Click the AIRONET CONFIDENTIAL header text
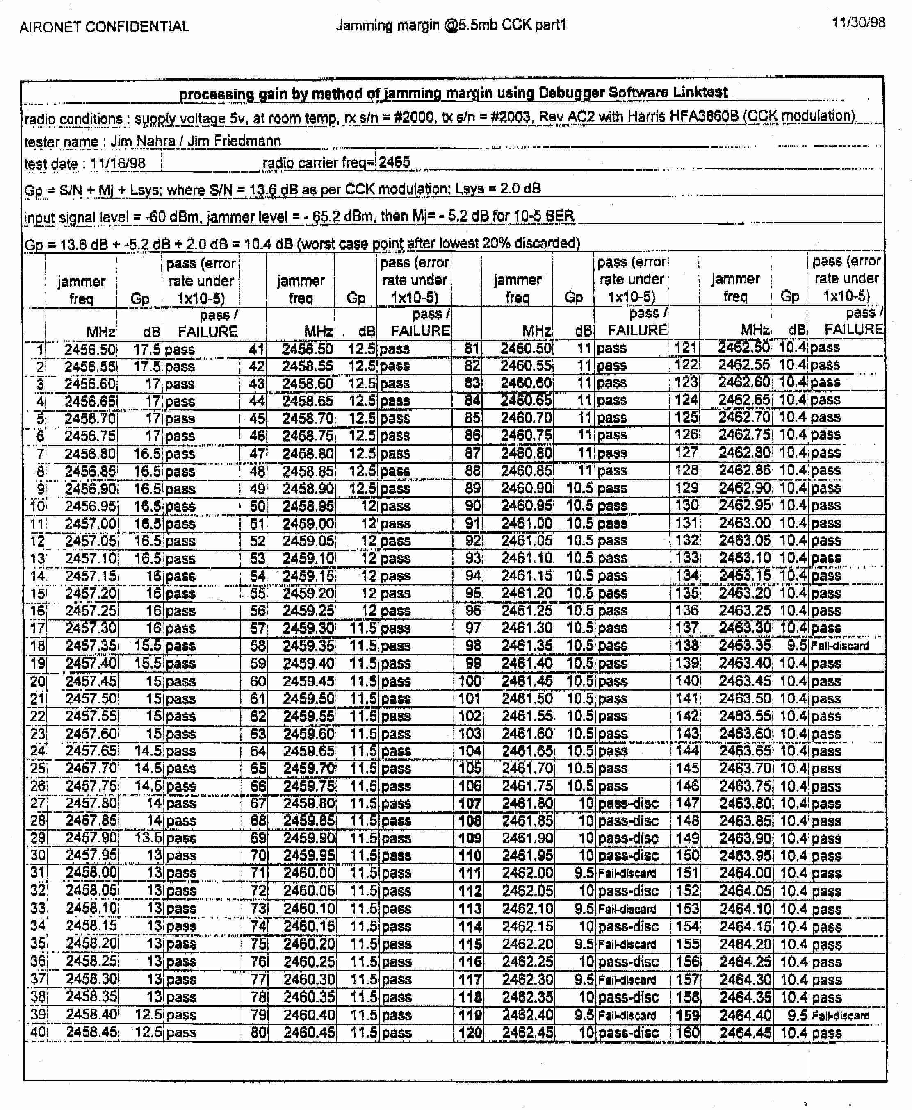(x=104, y=27)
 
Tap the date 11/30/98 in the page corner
(x=858, y=23)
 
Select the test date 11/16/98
(x=117, y=164)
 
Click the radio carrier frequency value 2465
(x=394, y=162)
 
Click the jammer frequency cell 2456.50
(x=90, y=350)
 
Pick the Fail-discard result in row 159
(x=839, y=1015)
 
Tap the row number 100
(x=470, y=681)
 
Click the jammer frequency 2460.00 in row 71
(x=308, y=873)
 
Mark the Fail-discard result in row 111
(x=627, y=873)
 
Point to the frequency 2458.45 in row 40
(x=92, y=1032)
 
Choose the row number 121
(x=686, y=348)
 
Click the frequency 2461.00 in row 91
(x=527, y=523)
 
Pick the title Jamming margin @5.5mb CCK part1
(x=451, y=25)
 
